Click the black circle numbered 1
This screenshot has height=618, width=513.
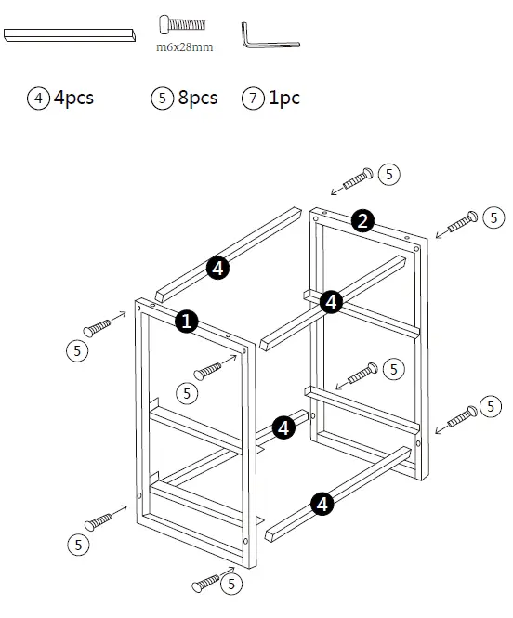187,322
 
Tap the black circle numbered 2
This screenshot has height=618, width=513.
363,220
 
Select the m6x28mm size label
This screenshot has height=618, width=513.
184,46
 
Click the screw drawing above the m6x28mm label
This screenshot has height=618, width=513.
182,24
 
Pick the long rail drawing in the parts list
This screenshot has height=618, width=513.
71,34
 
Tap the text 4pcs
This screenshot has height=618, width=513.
74,98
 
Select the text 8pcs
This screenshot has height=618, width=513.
197,98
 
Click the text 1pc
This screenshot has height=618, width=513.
284,98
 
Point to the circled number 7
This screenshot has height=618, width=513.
252,99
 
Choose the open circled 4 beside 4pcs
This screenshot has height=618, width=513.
39,99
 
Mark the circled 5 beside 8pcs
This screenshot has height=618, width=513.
162,99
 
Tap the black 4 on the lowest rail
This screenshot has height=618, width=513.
322,505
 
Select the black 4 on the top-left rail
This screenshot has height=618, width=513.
217,269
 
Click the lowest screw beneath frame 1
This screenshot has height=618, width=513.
207,583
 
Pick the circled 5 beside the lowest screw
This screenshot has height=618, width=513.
230,584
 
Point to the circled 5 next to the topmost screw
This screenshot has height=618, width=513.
389,174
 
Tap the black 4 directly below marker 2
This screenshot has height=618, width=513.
332,301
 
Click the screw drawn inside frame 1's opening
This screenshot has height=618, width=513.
210,369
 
